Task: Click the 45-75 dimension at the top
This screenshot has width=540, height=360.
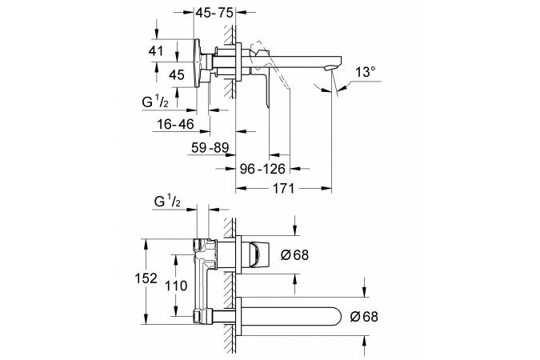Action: pos(214,13)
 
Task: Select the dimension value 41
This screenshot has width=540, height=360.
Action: pos(156,51)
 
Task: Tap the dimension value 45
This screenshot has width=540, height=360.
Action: pos(177,74)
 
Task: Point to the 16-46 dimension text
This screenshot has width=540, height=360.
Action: pos(176,124)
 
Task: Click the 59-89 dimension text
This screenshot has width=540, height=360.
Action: pos(210,148)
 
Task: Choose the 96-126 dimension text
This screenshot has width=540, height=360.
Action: pos(262,169)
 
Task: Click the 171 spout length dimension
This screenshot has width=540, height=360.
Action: pos(284,189)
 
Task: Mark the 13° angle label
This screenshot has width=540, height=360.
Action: pos(366,72)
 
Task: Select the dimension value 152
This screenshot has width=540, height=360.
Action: pos(146,278)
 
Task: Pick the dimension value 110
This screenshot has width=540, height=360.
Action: pos(176,286)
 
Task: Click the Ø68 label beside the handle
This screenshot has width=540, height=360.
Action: pos(294,255)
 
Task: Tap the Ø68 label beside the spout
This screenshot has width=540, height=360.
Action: pos(364,316)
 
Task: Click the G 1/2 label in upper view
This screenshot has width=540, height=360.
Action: pos(155,102)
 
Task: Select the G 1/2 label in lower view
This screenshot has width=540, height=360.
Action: pos(167,201)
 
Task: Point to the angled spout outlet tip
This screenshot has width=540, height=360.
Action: pos(330,70)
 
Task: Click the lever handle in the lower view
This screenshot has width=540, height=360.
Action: pos(258,254)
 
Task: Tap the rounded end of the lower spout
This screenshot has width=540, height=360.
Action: pos(339,316)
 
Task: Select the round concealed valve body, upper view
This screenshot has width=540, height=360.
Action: pos(198,63)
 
